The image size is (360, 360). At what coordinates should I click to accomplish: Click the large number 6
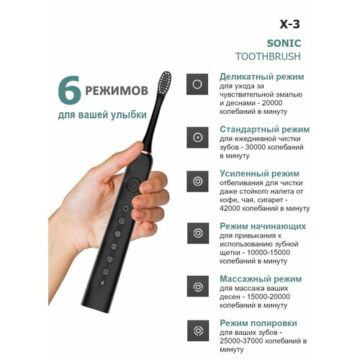(x=55, y=94)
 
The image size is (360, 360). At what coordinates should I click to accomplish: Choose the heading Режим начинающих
(x=263, y=226)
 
